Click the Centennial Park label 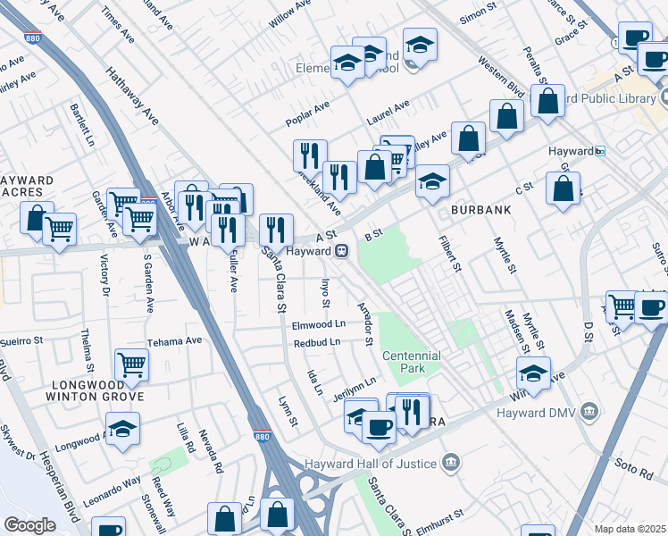pyautogui.click(x=412, y=362)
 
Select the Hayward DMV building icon pyautogui.click(x=589, y=411)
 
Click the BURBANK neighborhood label pyautogui.click(x=480, y=210)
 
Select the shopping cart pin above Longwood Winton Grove pyautogui.click(x=131, y=364)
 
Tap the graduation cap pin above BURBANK pyautogui.click(x=432, y=181)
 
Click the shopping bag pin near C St pyautogui.click(x=563, y=188)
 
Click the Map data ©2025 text pyautogui.click(x=630, y=529)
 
